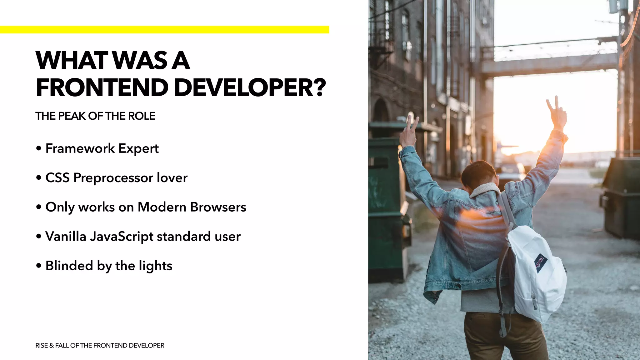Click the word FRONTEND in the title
tap(102, 87)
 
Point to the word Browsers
tap(218, 207)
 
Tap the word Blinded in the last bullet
tap(69, 266)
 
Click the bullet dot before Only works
tap(39, 207)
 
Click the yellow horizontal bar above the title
tap(164, 30)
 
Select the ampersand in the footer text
tap(52, 346)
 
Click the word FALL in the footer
tap(62, 346)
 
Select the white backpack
tap(536, 272)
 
